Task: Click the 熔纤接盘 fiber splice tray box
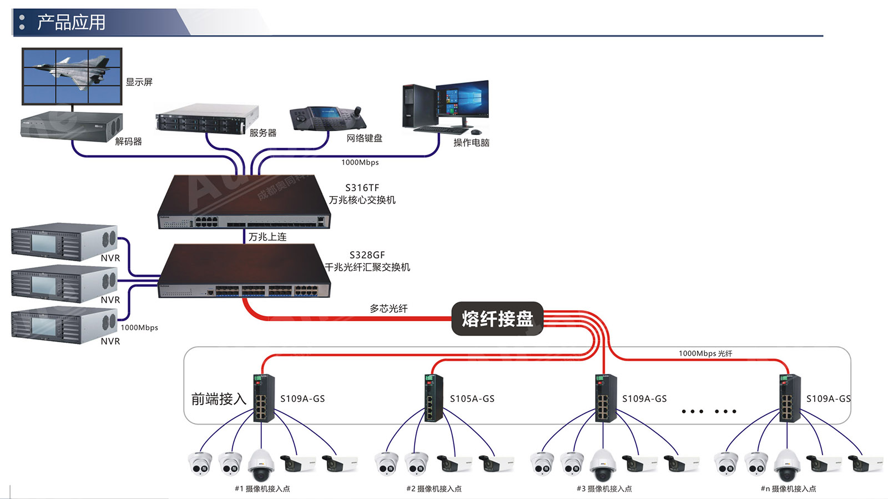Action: pyautogui.click(x=497, y=318)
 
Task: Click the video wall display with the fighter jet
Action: pyautogui.click(x=72, y=76)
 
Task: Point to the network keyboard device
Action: pyautogui.click(x=327, y=118)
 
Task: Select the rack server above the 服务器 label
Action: pyautogui.click(x=206, y=118)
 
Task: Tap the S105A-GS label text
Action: pyautogui.click(x=472, y=398)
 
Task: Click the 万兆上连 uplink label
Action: pyautogui.click(x=268, y=237)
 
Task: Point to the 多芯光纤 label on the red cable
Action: pyautogui.click(x=389, y=308)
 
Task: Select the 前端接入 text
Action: pyautogui.click(x=218, y=399)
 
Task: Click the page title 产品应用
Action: pyautogui.click(x=71, y=22)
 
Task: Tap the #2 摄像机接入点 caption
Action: pyautogui.click(x=433, y=489)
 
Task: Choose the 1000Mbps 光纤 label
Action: pyautogui.click(x=705, y=353)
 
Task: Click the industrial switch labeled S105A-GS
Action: pyautogui.click(x=433, y=398)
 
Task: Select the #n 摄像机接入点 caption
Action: pyautogui.click(x=788, y=489)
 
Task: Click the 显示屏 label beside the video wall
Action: pyautogui.click(x=139, y=82)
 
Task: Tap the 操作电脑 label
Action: pyautogui.click(x=471, y=143)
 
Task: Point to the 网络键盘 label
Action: pyautogui.click(x=364, y=138)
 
